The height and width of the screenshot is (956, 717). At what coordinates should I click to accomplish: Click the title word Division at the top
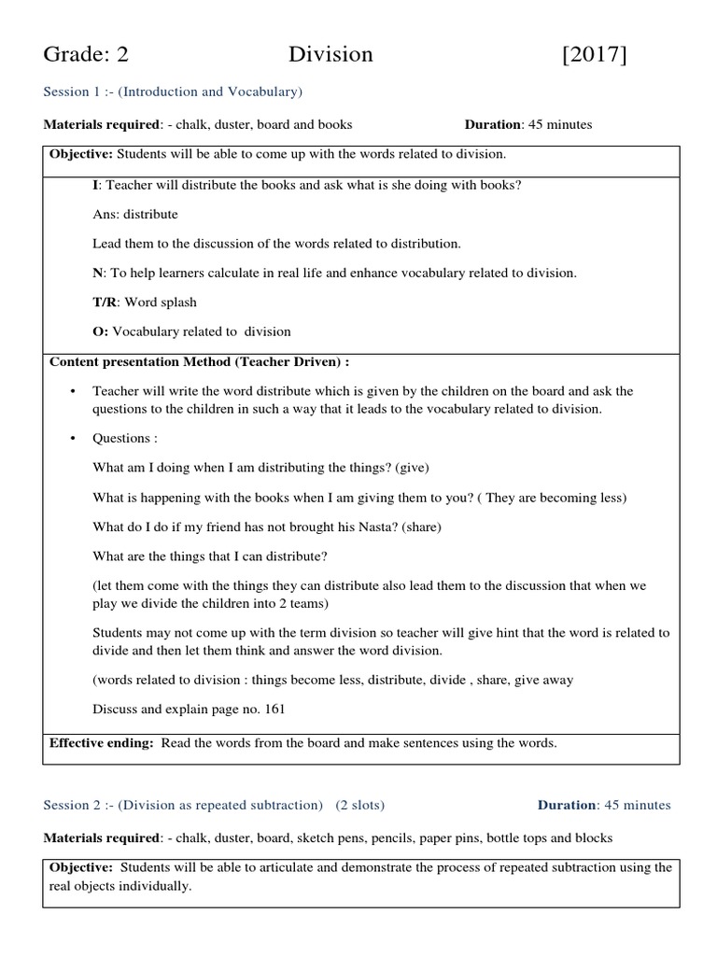(x=330, y=55)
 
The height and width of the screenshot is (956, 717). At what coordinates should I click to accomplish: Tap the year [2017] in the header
(x=595, y=55)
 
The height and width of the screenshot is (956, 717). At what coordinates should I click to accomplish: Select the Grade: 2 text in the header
(x=86, y=55)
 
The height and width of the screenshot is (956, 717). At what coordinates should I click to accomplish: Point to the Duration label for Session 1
(x=491, y=124)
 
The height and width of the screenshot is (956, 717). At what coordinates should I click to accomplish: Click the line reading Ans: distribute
(x=134, y=214)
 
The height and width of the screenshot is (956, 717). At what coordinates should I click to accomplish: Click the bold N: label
(x=98, y=273)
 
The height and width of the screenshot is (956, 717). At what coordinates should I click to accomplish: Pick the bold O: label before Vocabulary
(x=101, y=330)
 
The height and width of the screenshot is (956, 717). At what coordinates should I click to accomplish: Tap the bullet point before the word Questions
(x=71, y=438)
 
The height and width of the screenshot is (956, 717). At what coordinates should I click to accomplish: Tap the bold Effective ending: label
(x=103, y=743)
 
